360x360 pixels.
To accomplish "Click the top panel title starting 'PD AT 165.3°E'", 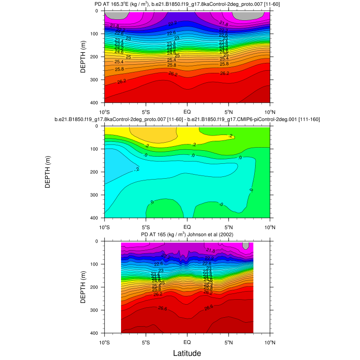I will point(187,4).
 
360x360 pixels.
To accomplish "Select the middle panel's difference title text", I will point(187,120).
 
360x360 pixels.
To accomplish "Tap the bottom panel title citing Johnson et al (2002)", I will point(187,235).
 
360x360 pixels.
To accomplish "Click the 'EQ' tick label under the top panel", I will point(187,112).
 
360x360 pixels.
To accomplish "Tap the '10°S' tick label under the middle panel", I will point(104,227).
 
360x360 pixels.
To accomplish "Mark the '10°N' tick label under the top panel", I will point(270,112).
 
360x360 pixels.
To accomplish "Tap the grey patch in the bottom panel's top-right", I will point(246,245).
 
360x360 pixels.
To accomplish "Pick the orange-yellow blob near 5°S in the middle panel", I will point(151,135).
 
